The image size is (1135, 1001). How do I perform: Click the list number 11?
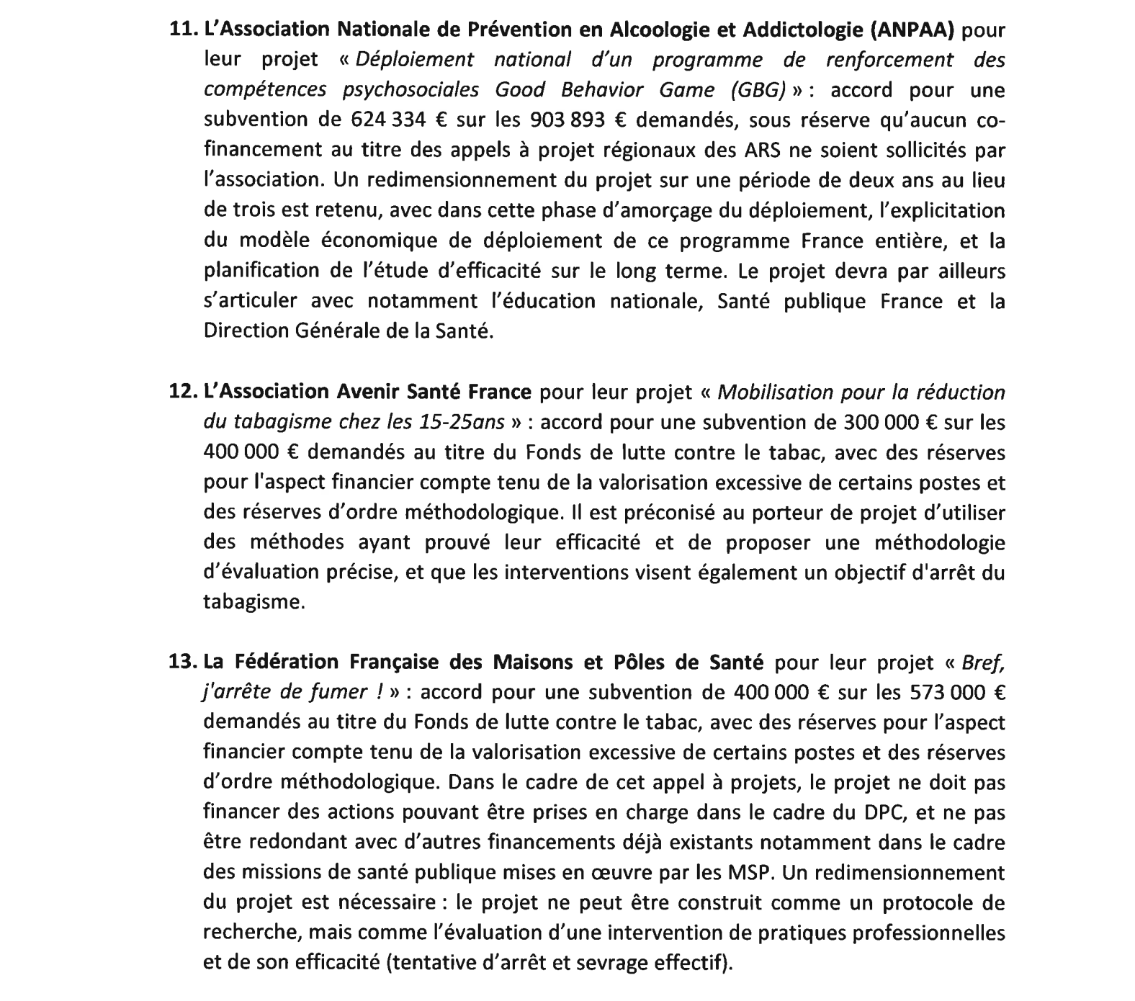click(x=182, y=30)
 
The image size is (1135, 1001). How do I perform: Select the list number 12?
click(x=182, y=392)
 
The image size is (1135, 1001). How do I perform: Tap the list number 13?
click(x=182, y=662)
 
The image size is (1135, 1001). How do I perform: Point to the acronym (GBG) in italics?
click(x=755, y=90)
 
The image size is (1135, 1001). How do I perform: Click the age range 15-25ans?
click(x=461, y=422)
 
